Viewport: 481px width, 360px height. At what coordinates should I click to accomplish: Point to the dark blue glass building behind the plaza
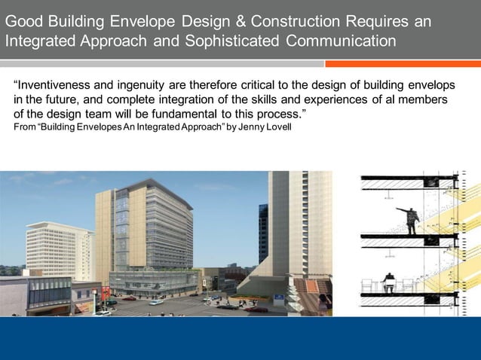[x=263, y=233]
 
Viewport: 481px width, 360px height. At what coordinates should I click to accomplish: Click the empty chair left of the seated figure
[x=369, y=285]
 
